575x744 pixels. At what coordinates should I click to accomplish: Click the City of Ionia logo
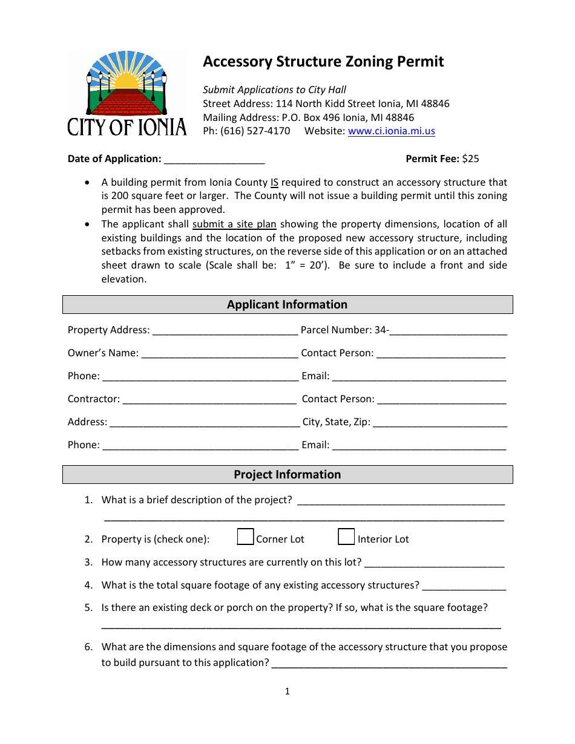[126, 94]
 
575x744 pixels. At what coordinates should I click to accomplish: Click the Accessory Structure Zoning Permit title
[323, 62]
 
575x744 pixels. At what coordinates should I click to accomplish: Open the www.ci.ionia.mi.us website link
[391, 131]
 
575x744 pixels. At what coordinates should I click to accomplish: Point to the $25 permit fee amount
[470, 159]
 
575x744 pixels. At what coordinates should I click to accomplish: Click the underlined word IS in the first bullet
[274, 183]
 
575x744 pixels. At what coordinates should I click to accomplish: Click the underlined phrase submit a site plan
[234, 224]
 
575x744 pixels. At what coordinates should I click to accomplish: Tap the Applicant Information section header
[287, 305]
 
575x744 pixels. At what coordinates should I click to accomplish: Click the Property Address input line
[225, 331]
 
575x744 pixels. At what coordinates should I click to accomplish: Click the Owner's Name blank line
[219, 354]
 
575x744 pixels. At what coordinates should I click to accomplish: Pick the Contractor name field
[209, 400]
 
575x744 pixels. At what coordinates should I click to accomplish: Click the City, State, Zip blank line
[440, 423]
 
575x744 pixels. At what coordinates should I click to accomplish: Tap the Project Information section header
[287, 475]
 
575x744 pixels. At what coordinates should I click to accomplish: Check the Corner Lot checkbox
[245, 537]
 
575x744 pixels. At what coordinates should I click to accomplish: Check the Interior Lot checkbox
[346, 537]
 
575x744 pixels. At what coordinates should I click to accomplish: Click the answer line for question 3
[434, 563]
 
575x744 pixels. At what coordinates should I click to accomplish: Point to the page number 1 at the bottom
[287, 691]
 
